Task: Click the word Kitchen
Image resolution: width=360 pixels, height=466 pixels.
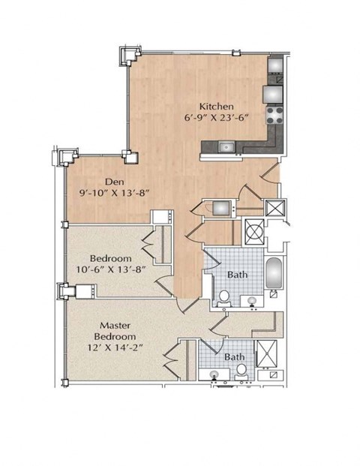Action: [216, 106]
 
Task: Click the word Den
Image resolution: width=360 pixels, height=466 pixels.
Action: [115, 180]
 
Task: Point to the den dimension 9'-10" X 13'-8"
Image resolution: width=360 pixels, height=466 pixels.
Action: [116, 192]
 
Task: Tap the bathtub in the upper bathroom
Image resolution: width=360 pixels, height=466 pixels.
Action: [274, 272]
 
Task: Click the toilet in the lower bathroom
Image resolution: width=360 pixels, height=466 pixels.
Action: [241, 370]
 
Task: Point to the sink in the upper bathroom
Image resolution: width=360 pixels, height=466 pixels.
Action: [253, 301]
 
